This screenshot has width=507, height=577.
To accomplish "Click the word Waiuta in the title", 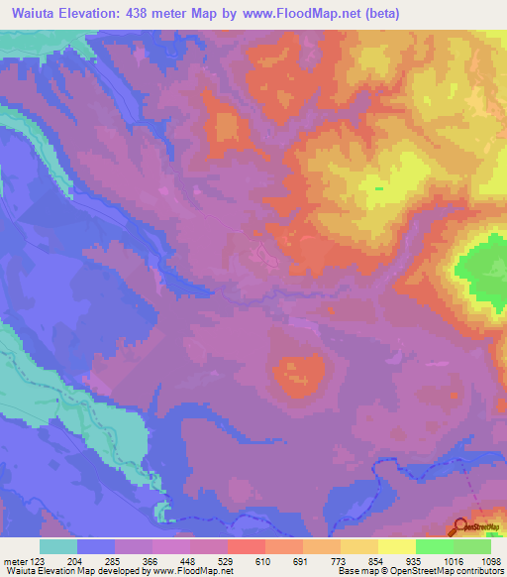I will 30,14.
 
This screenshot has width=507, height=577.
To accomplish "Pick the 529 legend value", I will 226,560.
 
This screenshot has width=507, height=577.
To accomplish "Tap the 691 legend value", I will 301,560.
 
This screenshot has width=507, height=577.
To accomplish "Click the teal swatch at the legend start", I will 57,546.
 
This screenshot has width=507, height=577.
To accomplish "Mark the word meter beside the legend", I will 14,560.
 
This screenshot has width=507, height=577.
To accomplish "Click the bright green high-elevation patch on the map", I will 481,266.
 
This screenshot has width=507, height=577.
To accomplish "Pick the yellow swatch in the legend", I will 396,546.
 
